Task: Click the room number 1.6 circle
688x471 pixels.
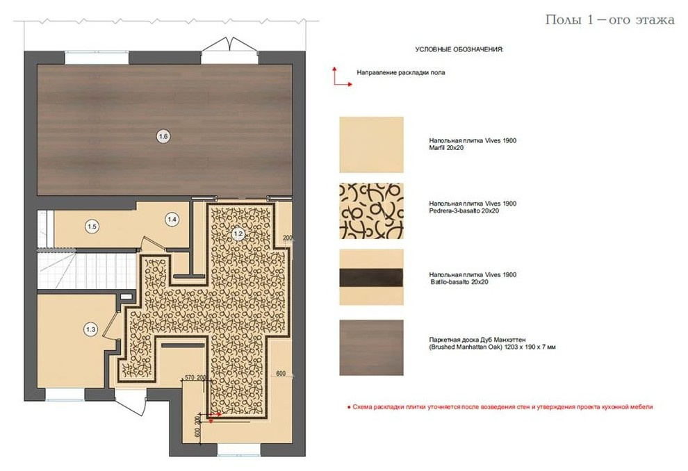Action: (163, 137)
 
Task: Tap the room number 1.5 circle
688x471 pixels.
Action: (92, 226)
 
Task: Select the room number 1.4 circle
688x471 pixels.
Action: (172, 220)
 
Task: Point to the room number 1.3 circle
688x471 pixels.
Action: (91, 330)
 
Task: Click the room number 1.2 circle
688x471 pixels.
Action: (238, 233)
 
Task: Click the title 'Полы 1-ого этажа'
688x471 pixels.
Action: (609, 19)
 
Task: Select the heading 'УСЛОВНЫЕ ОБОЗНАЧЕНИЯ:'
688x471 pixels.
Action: (459, 49)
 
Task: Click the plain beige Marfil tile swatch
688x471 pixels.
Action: (371, 144)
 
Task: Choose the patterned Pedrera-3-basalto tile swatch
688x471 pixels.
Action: (371, 211)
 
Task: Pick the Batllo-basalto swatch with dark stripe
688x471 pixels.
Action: (371, 277)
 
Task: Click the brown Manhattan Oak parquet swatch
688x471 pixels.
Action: (371, 348)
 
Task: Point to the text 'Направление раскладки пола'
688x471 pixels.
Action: (400, 73)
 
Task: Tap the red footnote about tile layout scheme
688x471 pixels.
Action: (500, 407)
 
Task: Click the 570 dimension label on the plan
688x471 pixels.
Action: (190, 377)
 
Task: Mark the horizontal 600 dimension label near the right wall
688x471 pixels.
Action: (281, 374)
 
